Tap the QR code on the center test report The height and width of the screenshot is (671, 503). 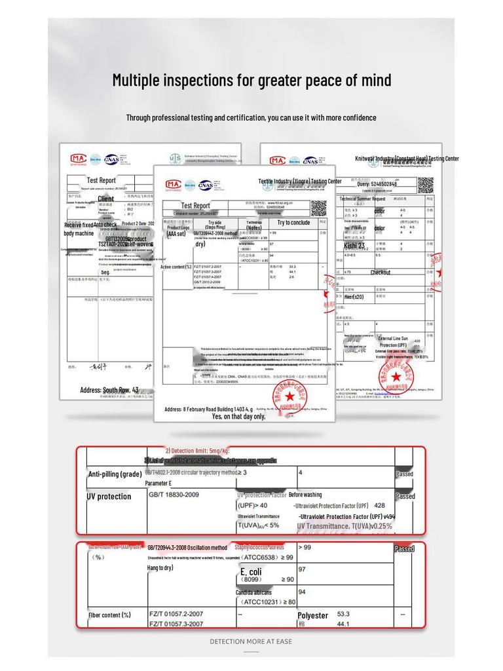tap(318, 207)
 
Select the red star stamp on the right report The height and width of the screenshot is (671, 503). tap(396, 377)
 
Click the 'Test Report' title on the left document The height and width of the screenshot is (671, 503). tap(102, 180)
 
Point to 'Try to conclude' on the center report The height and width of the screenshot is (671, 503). tap(293, 223)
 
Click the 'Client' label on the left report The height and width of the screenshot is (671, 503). tap(105, 199)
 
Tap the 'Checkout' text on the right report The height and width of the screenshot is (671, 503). tap(381, 273)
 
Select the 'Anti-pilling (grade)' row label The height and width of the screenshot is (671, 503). tap(115, 474)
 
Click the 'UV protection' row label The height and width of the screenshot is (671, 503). tap(109, 497)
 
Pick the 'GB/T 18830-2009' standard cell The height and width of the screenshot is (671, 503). tap(174, 495)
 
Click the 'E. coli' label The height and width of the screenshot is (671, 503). tap(251, 572)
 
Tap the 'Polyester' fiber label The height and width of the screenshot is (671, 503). tap(312, 616)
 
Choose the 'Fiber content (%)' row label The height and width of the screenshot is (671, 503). tap(109, 615)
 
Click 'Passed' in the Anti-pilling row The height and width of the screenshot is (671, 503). tap(404, 474)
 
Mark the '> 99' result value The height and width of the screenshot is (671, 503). tap(305, 547)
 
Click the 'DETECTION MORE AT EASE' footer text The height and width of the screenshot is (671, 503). tap(251, 642)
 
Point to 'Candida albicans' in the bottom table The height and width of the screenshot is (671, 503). tap(254, 592)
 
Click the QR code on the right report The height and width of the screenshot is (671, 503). tap(425, 184)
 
